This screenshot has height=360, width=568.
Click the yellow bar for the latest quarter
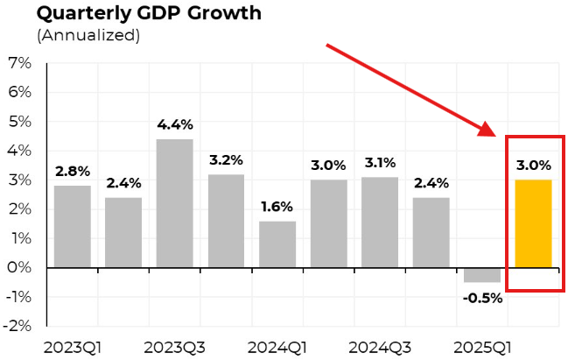pyautogui.click(x=533, y=223)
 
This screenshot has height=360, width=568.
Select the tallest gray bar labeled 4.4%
pyautogui.click(x=174, y=203)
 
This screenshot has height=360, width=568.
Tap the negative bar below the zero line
pyautogui.click(x=482, y=275)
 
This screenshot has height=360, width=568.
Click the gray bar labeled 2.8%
pyautogui.click(x=72, y=226)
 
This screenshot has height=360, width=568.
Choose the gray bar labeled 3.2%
pyautogui.click(x=226, y=221)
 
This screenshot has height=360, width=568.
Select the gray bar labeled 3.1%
pyautogui.click(x=380, y=222)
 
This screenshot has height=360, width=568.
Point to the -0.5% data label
pyautogui.click(x=482, y=297)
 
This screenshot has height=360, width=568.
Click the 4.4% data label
pyautogui.click(x=174, y=124)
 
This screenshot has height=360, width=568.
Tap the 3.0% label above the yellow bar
pyautogui.click(x=533, y=165)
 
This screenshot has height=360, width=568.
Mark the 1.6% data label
pyautogui.click(x=277, y=207)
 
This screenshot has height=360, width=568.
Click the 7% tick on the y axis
pyautogui.click(x=19, y=64)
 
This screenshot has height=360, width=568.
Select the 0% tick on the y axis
pyautogui.click(x=19, y=268)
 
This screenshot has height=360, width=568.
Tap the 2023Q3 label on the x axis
pyautogui.click(x=174, y=346)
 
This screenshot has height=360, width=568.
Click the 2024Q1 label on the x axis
pyautogui.click(x=277, y=346)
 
